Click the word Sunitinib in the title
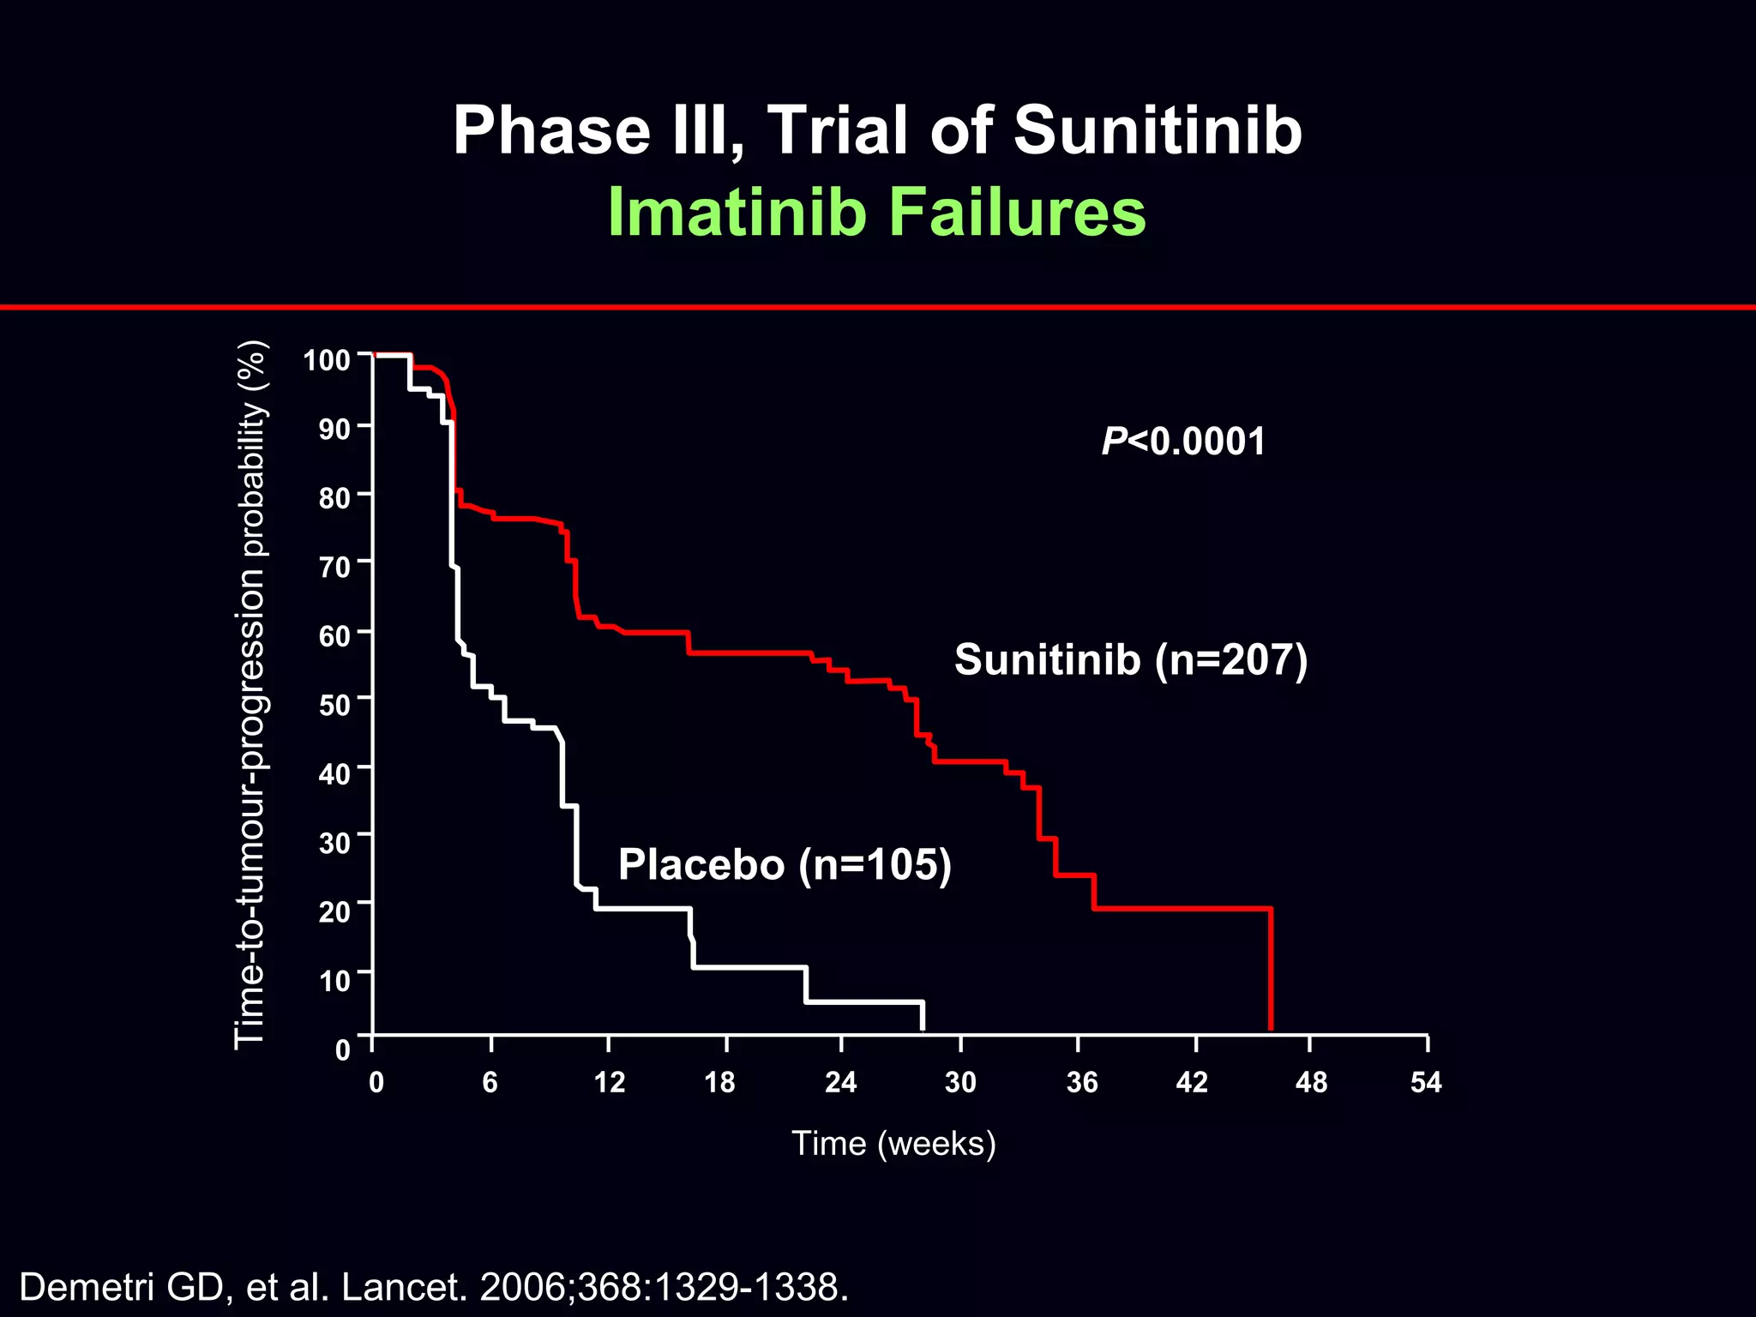pos(1158,130)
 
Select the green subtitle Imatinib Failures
pos(876,212)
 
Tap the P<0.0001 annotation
pos(1183,442)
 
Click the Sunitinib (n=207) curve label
pos(1130,659)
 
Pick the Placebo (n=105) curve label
pos(785,864)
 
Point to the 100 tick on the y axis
pos(327,360)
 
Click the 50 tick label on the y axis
pos(334,706)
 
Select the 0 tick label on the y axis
pos(343,1049)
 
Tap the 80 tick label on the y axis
pos(334,498)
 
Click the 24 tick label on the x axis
pos(840,1082)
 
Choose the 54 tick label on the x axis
pos(1426,1082)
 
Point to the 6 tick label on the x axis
pos(490,1082)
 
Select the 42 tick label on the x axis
pos(1192,1082)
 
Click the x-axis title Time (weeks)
pos(893,1144)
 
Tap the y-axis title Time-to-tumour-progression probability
pos(250,695)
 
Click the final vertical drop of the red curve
pos(1270,969)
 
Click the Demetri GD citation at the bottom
pos(433,1287)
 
